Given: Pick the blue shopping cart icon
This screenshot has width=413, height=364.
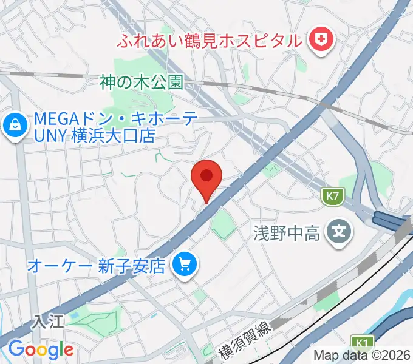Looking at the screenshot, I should coord(184,264).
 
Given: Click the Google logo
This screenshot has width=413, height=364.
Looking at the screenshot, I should coord(41,349).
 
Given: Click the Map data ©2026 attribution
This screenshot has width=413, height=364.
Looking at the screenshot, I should coord(362,356).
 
